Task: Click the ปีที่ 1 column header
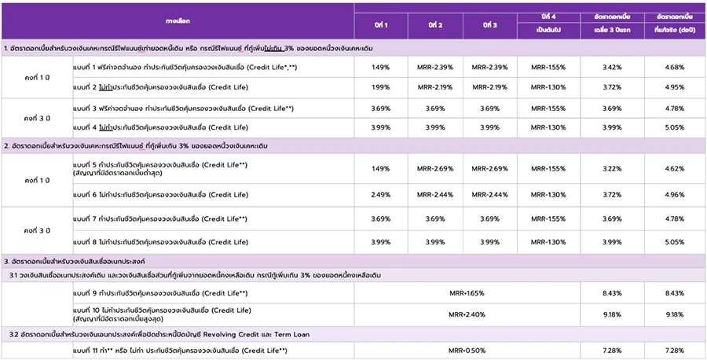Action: [x=380, y=24]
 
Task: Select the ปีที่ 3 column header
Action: [x=489, y=24]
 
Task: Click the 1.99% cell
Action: [x=380, y=86]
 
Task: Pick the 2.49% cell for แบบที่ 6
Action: [x=380, y=194]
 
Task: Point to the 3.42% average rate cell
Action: [x=611, y=68]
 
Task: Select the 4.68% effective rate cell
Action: [x=673, y=68]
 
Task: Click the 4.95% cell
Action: [x=673, y=86]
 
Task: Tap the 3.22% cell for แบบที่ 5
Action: [x=611, y=168]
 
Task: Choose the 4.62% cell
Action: [x=673, y=168]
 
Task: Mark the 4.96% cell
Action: [x=673, y=194]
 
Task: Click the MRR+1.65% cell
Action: [x=467, y=293]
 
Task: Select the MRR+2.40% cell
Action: [x=467, y=314]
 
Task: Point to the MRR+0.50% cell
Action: [x=467, y=350]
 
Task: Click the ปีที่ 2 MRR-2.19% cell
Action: [x=434, y=86]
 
